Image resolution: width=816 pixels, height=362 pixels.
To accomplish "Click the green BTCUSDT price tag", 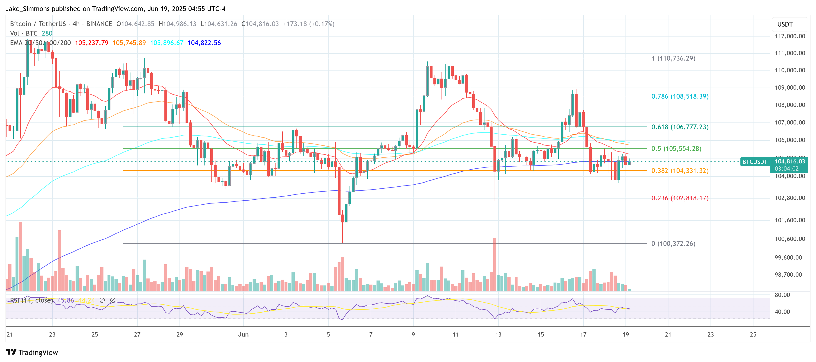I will coord(755,162).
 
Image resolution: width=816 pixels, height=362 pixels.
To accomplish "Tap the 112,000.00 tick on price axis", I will coord(789,36).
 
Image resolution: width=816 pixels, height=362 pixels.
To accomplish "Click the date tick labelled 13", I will coord(498,334).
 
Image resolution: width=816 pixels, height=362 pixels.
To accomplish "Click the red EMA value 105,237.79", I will coord(91,43).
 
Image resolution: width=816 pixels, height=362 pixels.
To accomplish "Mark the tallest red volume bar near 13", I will coord(494,264).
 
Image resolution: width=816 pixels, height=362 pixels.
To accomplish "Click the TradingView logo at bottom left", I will coord(32,352).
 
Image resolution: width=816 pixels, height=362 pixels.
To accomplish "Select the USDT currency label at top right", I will coord(785,24).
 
